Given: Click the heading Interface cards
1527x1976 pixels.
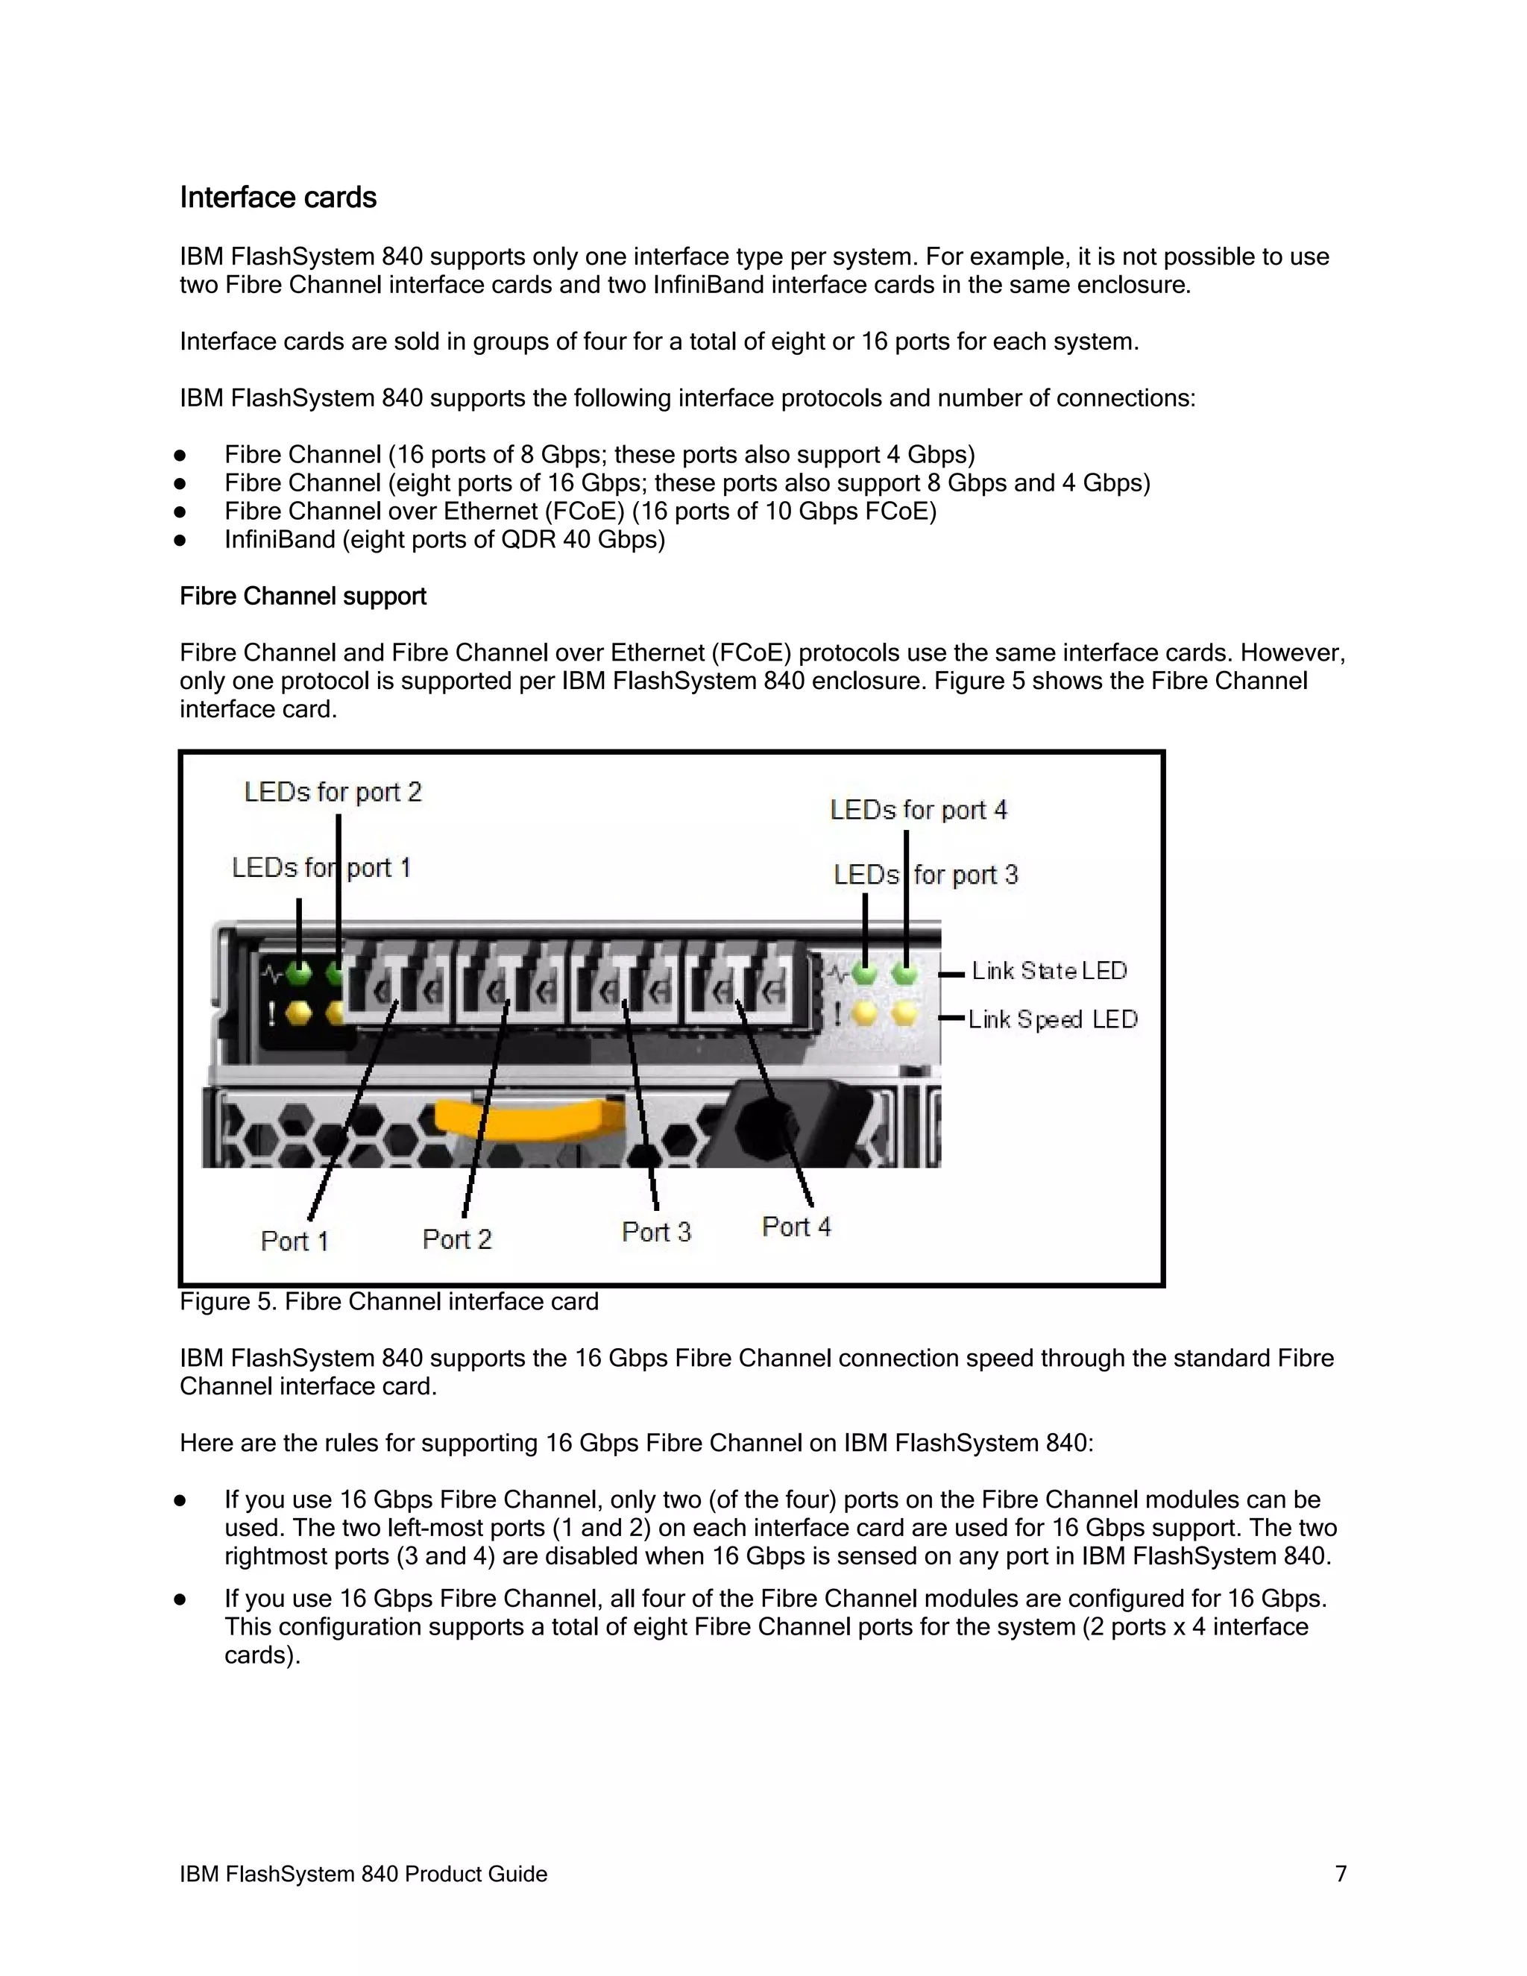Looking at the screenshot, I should coord(277,198).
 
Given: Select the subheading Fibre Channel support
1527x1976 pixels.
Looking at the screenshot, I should coord(302,597).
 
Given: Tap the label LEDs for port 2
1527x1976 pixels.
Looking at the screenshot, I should coord(333,792).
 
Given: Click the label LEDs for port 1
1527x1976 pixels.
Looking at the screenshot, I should coord(321,868).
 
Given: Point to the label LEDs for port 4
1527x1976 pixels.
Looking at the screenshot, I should coord(918,810).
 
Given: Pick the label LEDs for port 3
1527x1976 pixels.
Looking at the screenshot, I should coord(925,875).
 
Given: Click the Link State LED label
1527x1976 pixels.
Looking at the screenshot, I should coord(1048,971).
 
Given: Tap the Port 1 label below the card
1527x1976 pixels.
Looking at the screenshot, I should coord(294,1241).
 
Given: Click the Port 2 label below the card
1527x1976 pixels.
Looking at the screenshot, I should coord(457,1239).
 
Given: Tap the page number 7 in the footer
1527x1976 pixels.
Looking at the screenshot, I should coord(1341,1873).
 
